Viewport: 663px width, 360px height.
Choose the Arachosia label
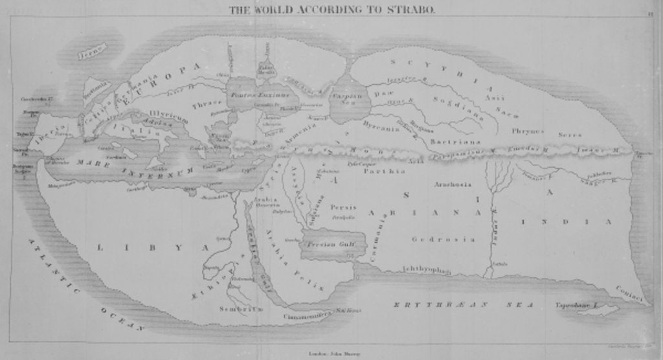point(453,184)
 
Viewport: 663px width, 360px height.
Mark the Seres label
point(570,135)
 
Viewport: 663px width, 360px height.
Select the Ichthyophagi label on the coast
point(425,269)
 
